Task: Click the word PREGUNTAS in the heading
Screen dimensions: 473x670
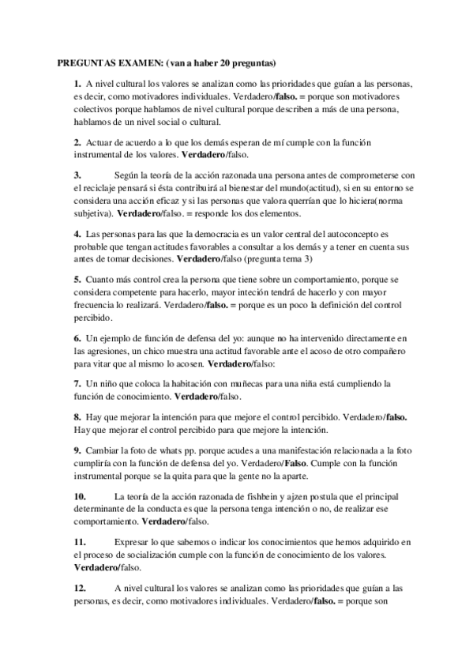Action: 88,62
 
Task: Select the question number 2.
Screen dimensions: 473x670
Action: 77,142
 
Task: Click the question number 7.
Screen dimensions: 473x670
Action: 77,383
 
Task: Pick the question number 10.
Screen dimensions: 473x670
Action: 80,496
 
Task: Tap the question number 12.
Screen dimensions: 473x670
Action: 80,588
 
